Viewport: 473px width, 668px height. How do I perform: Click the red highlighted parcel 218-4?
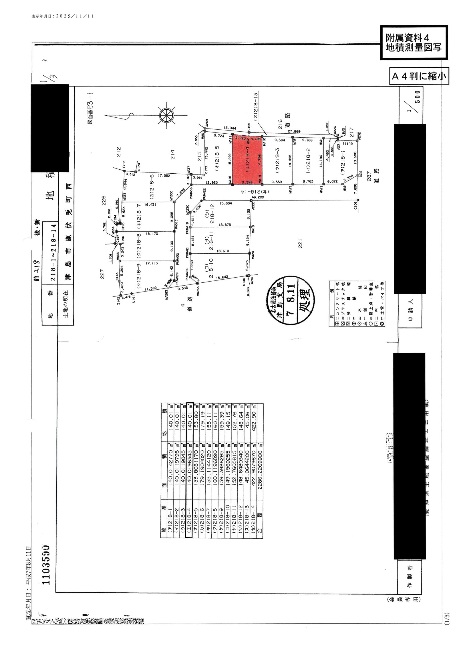247,160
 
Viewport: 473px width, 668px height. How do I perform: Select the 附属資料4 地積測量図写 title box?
414,43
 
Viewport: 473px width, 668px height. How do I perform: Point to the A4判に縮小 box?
419,76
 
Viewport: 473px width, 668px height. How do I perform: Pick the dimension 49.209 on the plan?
257,197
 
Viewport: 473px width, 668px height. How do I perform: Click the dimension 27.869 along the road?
294,131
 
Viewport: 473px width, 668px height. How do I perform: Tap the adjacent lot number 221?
300,243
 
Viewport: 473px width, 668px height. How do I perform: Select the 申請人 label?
410,310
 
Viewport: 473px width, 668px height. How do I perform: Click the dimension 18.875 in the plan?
224,225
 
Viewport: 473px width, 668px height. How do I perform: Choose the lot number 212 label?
119,152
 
